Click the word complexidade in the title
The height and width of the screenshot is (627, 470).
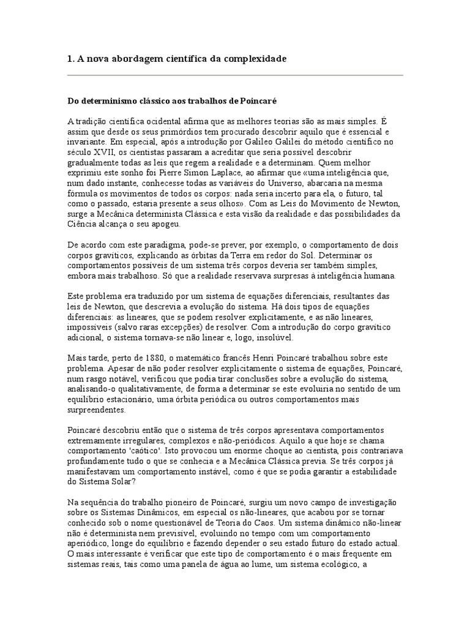coord(253,58)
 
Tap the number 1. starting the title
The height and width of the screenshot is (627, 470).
coord(70,58)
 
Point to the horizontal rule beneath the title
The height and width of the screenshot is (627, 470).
coord(235,75)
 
